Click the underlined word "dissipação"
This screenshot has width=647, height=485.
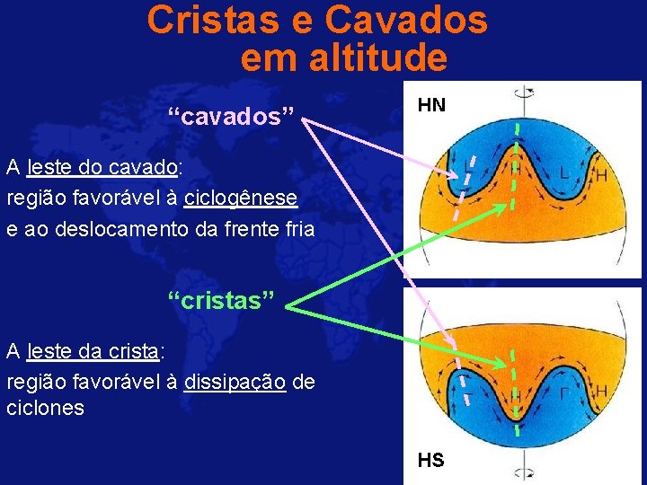pos(235,383)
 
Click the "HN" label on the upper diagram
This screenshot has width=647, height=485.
pos(431,106)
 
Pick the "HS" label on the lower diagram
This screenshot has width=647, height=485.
pos(430,461)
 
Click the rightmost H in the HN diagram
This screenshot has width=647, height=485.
pos(600,175)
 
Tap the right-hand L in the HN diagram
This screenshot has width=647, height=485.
pos(564,171)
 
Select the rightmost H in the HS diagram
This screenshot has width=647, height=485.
pos(600,392)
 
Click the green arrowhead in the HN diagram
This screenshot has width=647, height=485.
pos(504,207)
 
